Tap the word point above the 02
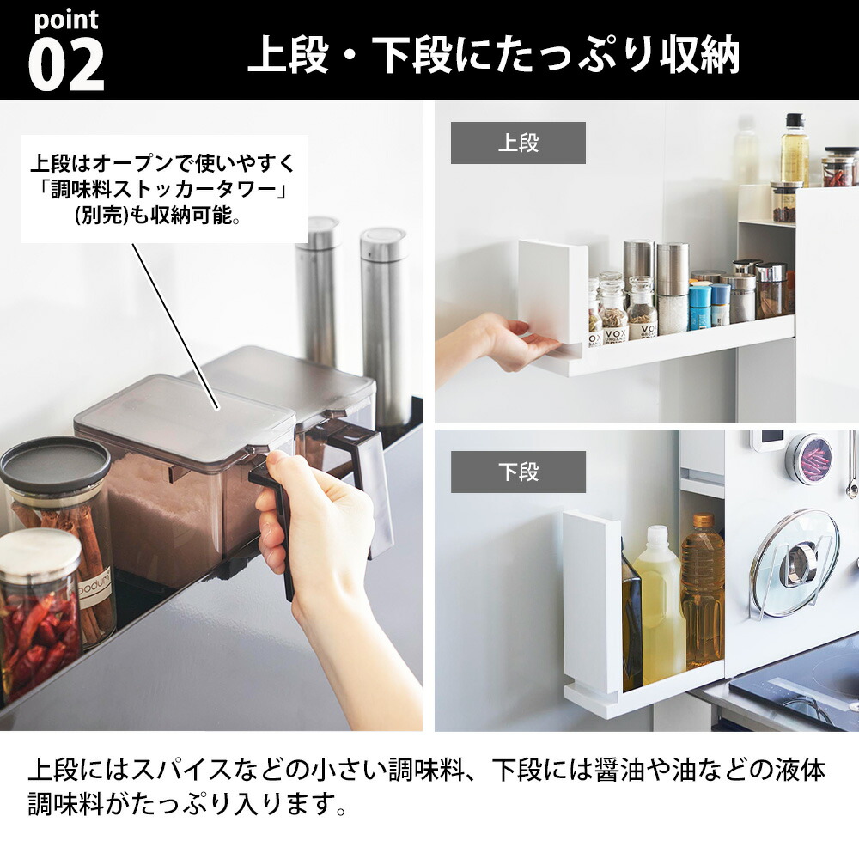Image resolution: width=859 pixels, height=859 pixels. pyautogui.click(x=66, y=20)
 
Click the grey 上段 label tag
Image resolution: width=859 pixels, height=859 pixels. pyautogui.click(x=518, y=143)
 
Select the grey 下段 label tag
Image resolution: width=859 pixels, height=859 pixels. pyautogui.click(x=518, y=472)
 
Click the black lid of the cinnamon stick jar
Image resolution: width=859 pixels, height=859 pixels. pyautogui.click(x=54, y=465)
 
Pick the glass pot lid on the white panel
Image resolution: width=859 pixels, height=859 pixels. pyautogui.click(x=795, y=563)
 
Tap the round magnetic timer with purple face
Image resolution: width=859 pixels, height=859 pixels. pyautogui.click(x=809, y=459)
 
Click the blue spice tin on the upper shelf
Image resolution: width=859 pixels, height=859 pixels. pyautogui.click(x=700, y=307)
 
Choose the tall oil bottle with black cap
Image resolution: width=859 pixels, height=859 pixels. pyautogui.click(x=795, y=150)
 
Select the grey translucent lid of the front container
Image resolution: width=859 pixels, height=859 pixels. pyautogui.click(x=185, y=412)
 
